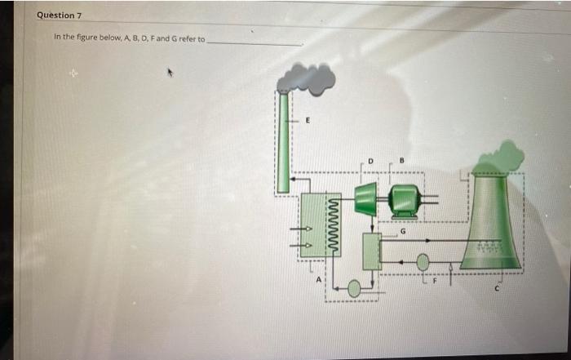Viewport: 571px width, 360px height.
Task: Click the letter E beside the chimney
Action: pyautogui.click(x=308, y=120)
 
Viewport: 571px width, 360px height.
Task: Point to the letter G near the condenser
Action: pyautogui.click(x=402, y=230)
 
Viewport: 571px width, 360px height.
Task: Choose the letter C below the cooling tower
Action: pyautogui.click(x=500, y=287)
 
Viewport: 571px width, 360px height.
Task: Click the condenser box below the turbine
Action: pyautogui.click(x=372, y=251)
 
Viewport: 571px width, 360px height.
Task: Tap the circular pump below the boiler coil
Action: pyautogui.click(x=354, y=288)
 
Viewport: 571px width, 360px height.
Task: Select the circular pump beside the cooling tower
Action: pyautogui.click(x=423, y=262)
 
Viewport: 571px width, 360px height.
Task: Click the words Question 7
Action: pyautogui.click(x=60, y=16)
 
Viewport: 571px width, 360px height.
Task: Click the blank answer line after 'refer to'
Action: pyautogui.click(x=255, y=41)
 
